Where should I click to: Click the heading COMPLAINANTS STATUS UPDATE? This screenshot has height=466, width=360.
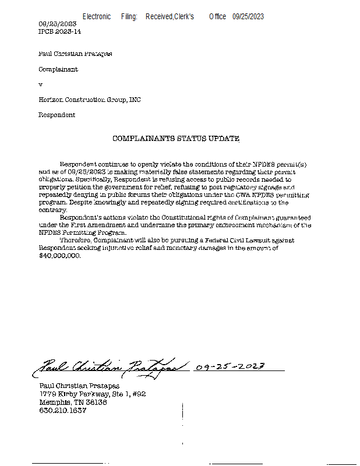[x=175, y=139]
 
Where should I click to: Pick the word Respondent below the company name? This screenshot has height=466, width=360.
[x=57, y=115]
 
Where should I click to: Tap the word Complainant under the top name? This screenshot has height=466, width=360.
[x=58, y=69]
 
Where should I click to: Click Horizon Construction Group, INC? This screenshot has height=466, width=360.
[x=89, y=100]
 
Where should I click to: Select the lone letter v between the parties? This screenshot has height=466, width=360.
[x=40, y=84]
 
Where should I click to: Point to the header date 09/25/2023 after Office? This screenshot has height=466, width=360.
[x=248, y=17]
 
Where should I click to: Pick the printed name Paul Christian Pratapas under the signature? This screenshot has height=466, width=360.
[x=79, y=386]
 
